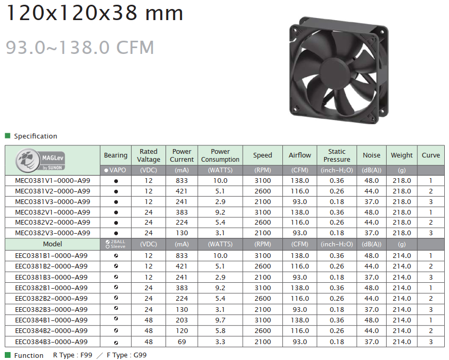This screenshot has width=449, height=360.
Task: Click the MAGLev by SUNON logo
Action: point(40,160)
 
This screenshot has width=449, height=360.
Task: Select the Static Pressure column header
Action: point(337,155)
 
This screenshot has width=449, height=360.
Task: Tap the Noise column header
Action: point(371,155)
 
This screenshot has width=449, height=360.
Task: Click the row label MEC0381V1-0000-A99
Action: point(53,181)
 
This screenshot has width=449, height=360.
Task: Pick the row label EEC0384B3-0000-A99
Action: point(51,341)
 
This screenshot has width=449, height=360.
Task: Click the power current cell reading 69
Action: point(182,341)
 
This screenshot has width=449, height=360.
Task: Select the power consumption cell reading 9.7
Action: point(220,320)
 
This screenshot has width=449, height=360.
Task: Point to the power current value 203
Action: point(182,320)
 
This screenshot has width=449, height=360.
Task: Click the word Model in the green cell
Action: point(52,244)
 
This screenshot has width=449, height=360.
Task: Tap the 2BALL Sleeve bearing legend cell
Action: point(116,244)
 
